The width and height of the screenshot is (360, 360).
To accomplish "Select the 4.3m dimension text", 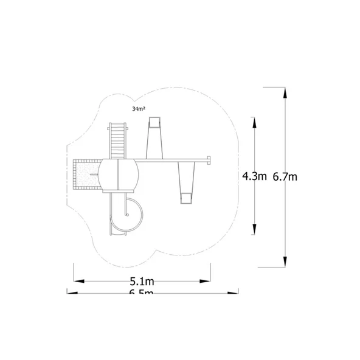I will pyautogui.click(x=254, y=176).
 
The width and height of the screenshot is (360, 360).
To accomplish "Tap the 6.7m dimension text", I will pyautogui.click(x=285, y=176).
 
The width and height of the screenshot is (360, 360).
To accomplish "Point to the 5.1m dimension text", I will pyautogui.click(x=142, y=282).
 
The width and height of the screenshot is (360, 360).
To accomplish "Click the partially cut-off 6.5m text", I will pyautogui.click(x=142, y=293).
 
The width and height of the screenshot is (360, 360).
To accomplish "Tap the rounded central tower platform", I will pyautogui.click(x=119, y=175).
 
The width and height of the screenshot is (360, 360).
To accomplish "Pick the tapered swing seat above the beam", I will pyautogui.click(x=154, y=139).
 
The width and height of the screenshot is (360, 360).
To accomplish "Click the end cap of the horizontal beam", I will pyautogui.click(x=210, y=161).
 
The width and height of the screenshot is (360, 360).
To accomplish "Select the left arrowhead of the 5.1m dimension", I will pyautogui.click(x=78, y=281).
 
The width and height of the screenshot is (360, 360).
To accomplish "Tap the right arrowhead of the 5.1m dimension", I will pyautogui.click(x=206, y=281).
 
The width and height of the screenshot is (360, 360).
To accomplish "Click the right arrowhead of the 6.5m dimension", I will pyautogui.click(x=234, y=292).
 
